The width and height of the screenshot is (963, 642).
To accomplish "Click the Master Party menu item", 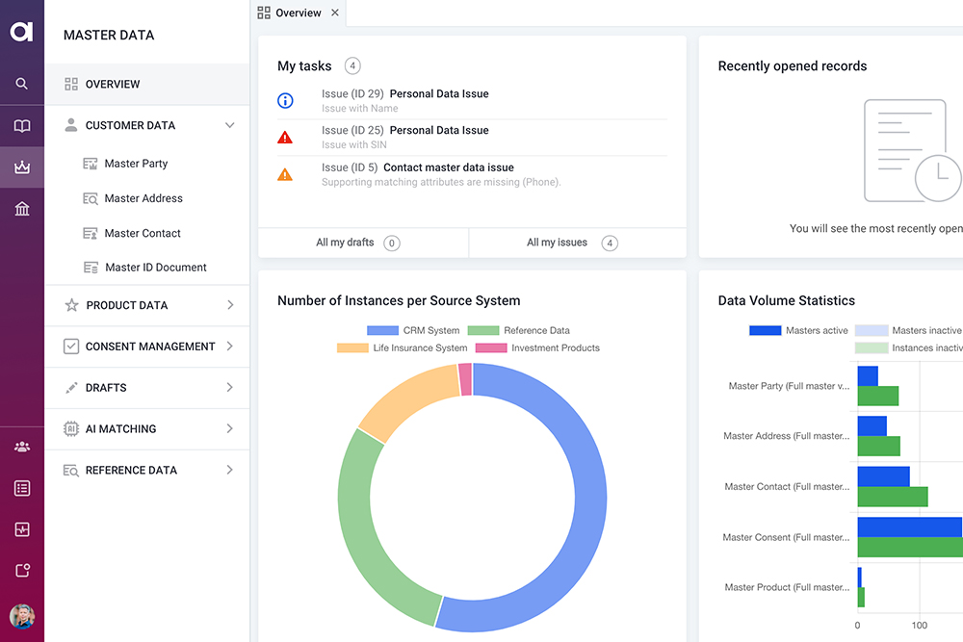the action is coord(136,164).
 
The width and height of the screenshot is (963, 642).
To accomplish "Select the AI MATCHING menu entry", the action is coord(120,428).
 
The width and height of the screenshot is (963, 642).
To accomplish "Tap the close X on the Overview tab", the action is coord(335,13).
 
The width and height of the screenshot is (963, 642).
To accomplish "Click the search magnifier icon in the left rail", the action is coord(21,84).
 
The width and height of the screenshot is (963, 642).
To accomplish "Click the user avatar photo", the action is coord(22,616).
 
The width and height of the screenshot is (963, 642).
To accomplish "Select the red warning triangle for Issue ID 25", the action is coord(285,138).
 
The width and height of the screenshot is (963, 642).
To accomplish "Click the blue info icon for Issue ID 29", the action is coord(285,101).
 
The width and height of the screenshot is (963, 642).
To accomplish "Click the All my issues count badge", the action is coord(610,244).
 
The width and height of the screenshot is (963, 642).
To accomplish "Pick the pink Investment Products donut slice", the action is coord(465,379).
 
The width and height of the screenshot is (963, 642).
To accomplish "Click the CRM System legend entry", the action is coord(413,330).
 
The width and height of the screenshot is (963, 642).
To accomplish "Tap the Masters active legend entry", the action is coord(798,330).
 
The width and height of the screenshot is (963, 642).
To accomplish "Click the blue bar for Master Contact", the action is coord(883,476).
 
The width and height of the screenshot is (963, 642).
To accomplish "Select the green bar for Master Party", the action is coord(878,396).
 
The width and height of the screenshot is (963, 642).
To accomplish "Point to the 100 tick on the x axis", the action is coord(920,626).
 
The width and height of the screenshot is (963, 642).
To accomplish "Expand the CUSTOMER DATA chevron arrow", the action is coord(230,125).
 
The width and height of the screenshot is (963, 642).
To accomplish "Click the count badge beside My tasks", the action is coord(352,65).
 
